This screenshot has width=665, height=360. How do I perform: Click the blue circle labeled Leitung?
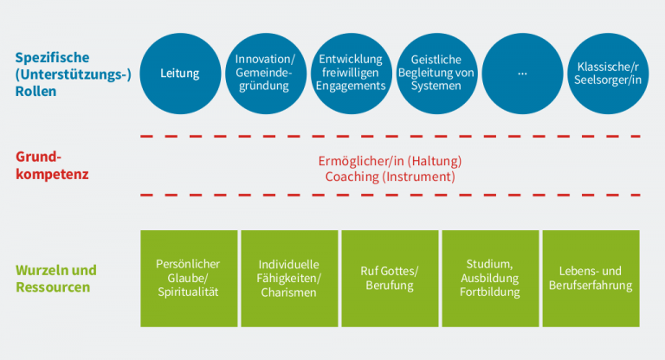(180, 74)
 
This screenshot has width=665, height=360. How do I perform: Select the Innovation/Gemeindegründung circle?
(265, 74)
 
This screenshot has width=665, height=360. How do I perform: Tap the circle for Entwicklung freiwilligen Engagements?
(351, 74)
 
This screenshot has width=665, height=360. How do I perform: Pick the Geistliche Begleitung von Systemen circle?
(436, 74)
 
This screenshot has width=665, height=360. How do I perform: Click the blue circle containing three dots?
(522, 74)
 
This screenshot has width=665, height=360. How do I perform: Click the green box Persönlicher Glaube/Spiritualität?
(188, 278)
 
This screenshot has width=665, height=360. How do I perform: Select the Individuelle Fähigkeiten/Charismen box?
(289, 278)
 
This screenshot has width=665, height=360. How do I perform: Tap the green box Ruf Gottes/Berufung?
(390, 278)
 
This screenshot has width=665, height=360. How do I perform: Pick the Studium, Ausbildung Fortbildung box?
(491, 278)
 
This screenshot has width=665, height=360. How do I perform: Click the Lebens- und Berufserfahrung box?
(591, 278)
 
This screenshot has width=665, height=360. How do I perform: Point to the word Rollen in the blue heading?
(36, 90)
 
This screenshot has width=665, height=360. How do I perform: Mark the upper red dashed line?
(390, 137)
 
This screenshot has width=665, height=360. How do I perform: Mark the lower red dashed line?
(390, 196)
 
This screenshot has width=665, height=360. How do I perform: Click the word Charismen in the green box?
(289, 292)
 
